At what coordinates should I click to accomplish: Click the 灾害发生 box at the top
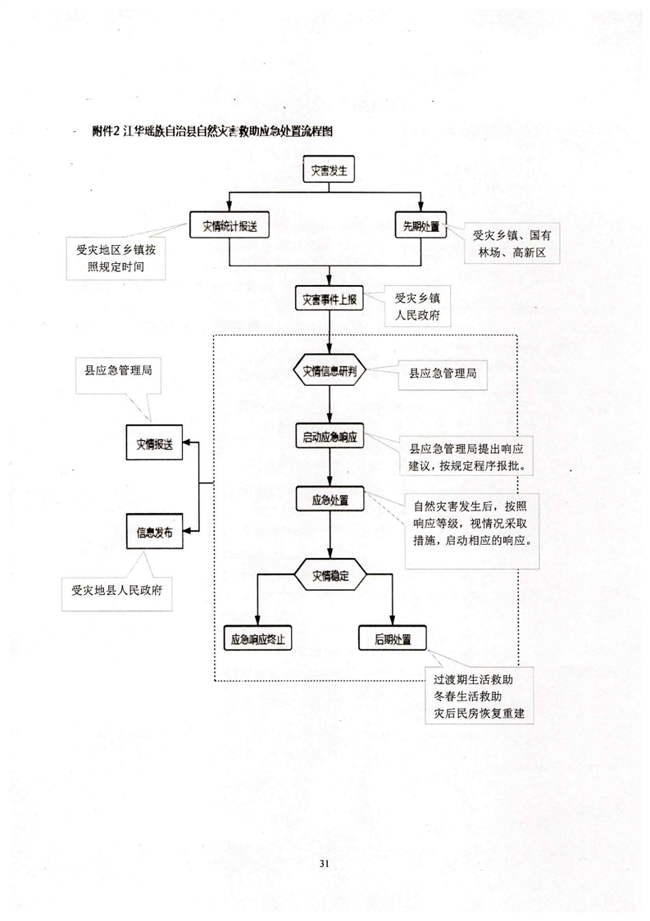click(x=329, y=172)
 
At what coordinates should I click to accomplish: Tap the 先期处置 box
click(x=420, y=226)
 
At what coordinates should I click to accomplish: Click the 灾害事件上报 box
click(x=329, y=298)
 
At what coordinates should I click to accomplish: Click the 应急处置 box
click(x=329, y=500)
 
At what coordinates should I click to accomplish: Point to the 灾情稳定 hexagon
click(x=329, y=575)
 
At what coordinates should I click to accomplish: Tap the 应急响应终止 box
click(x=258, y=637)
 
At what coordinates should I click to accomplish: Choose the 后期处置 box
click(x=392, y=637)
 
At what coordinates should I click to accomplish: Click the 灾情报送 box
click(x=155, y=443)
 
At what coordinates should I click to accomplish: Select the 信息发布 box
click(x=155, y=532)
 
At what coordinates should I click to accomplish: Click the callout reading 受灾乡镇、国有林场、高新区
click(x=511, y=244)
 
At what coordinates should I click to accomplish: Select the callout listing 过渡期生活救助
click(x=480, y=696)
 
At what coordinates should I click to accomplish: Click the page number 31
click(x=325, y=863)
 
